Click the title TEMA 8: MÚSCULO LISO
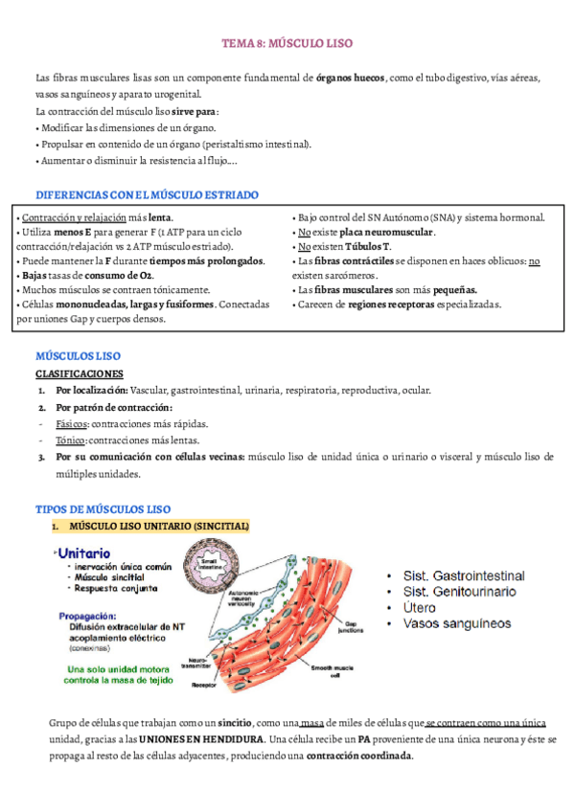coord(288,44)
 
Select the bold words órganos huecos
coord(351,77)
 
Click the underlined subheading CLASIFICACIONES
coord(80,373)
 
